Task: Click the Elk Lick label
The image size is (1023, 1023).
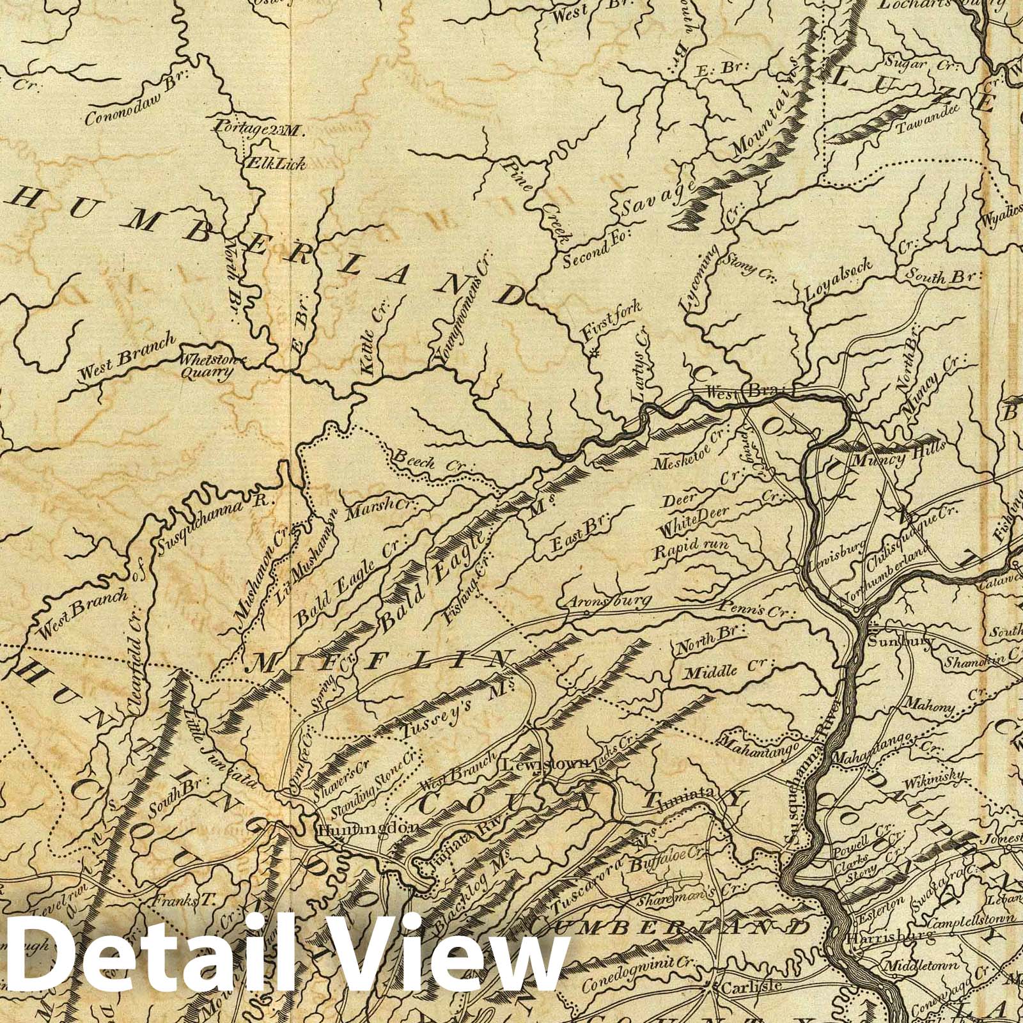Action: pos(278,163)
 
